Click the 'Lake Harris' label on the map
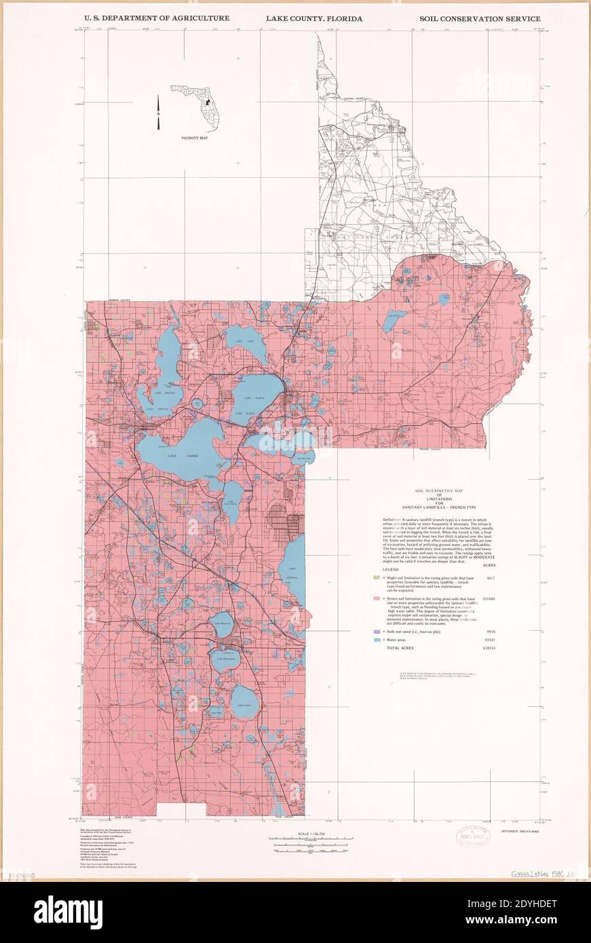(178, 457)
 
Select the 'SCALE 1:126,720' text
(307, 834)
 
